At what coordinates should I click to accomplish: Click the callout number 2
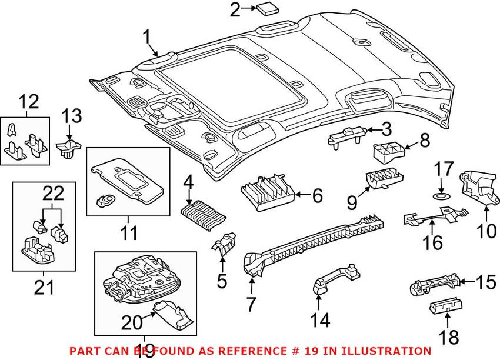[235, 9]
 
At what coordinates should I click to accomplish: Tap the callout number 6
[317, 195]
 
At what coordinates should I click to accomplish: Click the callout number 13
[74, 116]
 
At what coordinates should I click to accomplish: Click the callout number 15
[485, 284]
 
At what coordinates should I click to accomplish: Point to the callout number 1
[147, 39]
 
